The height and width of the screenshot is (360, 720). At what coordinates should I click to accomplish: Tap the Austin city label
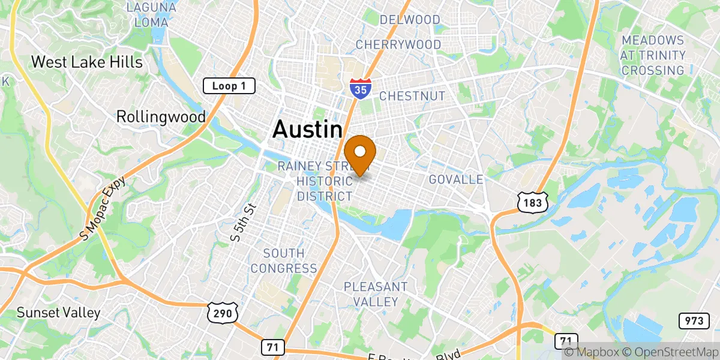click(307, 130)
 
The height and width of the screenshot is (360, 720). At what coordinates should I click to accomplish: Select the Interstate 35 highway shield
click(360, 88)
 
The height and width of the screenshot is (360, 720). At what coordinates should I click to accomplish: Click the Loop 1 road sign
click(229, 86)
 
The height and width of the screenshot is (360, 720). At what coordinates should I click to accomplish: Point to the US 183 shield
click(533, 203)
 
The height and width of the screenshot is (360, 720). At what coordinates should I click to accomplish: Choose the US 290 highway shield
click(224, 311)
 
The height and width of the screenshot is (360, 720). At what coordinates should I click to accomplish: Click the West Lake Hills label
click(86, 62)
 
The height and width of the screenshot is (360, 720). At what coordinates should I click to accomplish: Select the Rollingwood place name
click(161, 116)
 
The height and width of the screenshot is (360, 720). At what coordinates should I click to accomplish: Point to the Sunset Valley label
click(58, 313)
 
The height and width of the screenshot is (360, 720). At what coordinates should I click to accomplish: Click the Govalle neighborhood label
click(456, 180)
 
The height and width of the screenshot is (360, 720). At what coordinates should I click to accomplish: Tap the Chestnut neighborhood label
click(412, 96)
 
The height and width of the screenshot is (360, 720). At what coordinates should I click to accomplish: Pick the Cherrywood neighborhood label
click(398, 44)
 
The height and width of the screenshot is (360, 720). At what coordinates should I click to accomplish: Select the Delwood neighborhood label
click(410, 20)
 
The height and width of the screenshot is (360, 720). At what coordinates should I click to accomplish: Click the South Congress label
click(284, 261)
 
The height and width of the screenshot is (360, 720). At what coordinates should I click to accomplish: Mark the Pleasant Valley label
click(376, 294)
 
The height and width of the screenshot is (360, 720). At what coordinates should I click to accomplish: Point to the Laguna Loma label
click(152, 14)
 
